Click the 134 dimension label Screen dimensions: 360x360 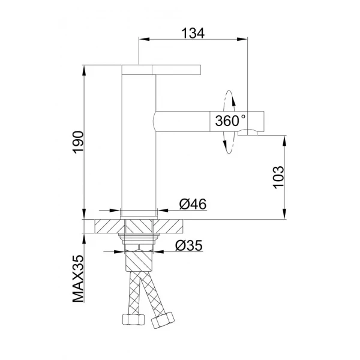(194, 34)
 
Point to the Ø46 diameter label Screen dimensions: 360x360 (193, 204)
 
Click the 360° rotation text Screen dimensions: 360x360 (229, 121)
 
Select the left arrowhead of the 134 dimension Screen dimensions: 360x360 (142, 40)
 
